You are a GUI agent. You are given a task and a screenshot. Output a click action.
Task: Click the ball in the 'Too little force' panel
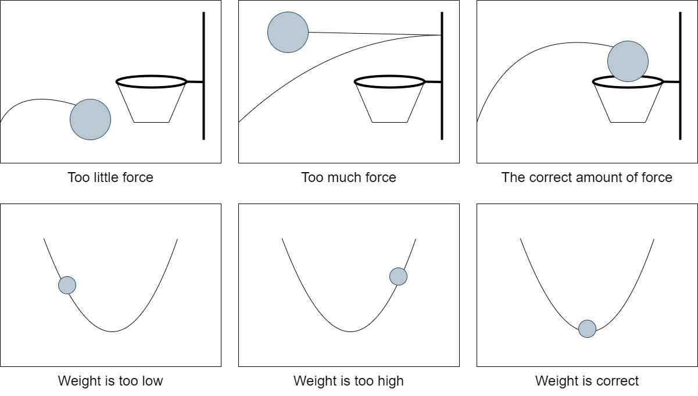(90, 119)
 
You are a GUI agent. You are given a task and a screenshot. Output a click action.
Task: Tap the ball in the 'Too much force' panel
(288, 32)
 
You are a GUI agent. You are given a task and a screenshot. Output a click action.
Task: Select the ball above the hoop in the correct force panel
(628, 62)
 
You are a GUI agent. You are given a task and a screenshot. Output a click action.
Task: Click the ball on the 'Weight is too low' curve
(67, 285)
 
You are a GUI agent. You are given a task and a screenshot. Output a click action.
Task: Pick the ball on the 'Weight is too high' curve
(398, 276)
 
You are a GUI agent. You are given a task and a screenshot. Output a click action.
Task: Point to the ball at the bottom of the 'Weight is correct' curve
(588, 329)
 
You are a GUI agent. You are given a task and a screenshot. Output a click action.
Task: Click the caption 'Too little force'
(110, 177)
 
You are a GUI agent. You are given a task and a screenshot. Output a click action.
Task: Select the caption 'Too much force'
(349, 177)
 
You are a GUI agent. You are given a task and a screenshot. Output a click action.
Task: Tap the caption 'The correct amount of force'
(587, 177)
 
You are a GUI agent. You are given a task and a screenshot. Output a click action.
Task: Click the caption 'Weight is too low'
(110, 381)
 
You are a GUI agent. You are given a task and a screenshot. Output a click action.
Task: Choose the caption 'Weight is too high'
(349, 381)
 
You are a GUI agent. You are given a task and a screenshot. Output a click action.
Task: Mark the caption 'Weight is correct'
(587, 381)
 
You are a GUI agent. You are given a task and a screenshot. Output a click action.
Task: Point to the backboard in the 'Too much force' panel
(442, 76)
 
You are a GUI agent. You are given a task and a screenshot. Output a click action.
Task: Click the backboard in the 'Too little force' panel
(204, 76)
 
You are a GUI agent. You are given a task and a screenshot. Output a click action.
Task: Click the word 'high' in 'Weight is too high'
(391, 381)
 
